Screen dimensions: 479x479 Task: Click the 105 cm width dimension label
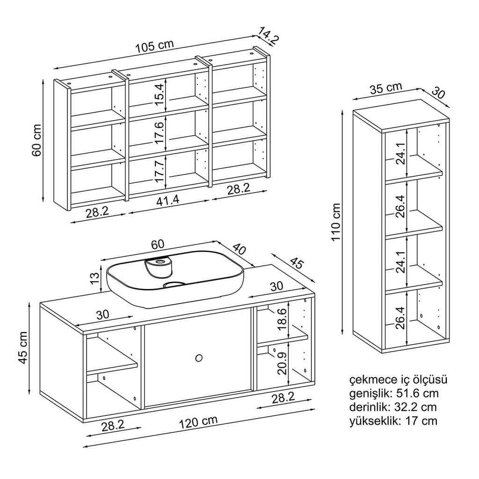tap(154, 46)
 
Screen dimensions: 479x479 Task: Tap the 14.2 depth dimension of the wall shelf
tap(269, 36)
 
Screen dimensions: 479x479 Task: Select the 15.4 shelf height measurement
tap(160, 94)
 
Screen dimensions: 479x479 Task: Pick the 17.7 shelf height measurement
tap(160, 171)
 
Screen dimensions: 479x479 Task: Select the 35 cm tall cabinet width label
tap(386, 88)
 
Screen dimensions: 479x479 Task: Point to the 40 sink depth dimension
tap(239, 250)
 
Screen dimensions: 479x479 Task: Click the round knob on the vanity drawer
tap(198, 358)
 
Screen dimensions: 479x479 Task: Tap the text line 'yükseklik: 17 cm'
tap(393, 421)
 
